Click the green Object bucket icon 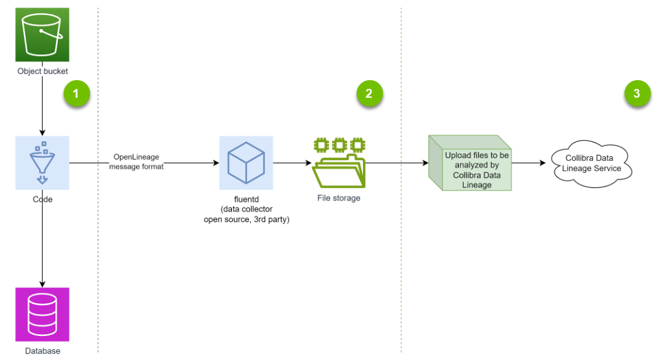click(42, 34)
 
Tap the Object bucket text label click(42, 71)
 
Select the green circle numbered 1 click(76, 94)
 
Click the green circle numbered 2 click(369, 94)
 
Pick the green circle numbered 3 click(636, 94)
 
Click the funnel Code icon click(42, 163)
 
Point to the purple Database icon click(42, 314)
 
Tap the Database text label click(42, 351)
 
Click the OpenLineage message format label click(136, 161)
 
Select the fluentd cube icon click(246, 163)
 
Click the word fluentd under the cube click(246, 200)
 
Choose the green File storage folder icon click(339, 163)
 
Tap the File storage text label click(339, 198)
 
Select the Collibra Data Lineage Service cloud click(590, 163)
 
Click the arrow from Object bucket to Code click(42, 107)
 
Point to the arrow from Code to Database click(42, 240)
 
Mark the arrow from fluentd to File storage click(292, 163)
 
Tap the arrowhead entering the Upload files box click(425, 163)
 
